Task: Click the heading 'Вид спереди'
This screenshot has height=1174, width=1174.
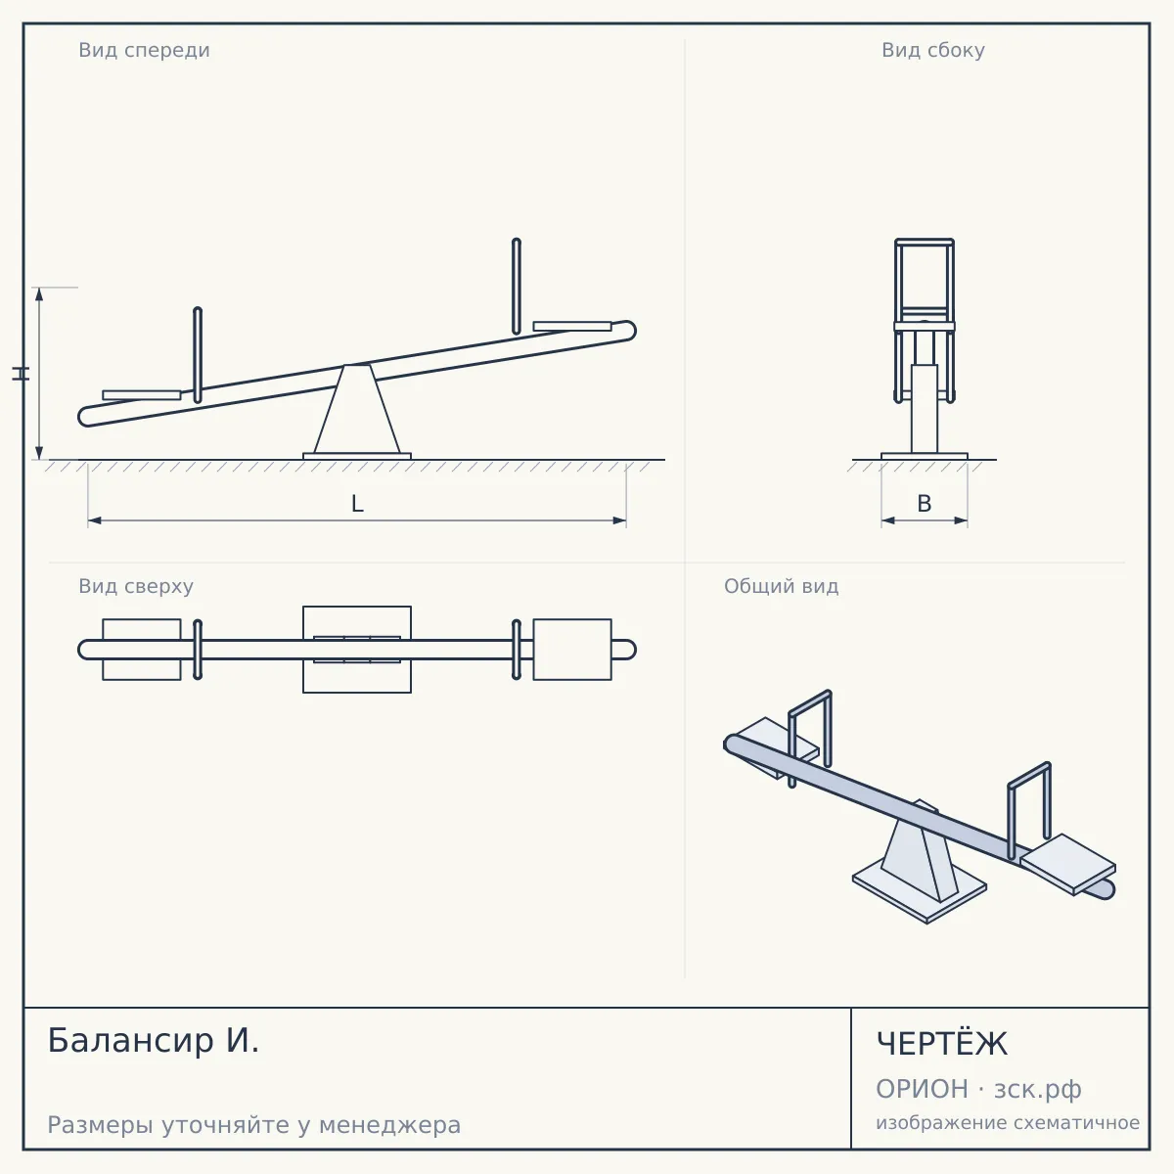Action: [x=144, y=50]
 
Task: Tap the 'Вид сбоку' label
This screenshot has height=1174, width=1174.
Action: [x=932, y=50]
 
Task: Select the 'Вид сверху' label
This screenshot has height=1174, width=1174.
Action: [x=136, y=586]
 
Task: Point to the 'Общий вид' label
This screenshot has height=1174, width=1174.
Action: [x=781, y=586]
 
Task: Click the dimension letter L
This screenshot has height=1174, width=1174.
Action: [x=358, y=504]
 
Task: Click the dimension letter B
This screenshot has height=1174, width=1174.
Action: [x=925, y=504]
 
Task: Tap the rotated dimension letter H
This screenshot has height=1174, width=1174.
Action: [x=22, y=374]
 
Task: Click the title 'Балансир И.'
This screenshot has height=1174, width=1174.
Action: [x=154, y=1040]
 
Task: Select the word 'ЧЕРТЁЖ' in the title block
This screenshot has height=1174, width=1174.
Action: [x=942, y=1044]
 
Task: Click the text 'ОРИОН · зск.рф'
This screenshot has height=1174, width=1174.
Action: [x=978, y=1089]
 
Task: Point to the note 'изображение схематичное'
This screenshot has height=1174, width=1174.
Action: [x=1008, y=1122]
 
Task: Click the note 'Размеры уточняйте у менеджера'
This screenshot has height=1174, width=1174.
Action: [x=254, y=1125]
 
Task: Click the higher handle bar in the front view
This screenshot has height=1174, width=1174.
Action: [x=516, y=287]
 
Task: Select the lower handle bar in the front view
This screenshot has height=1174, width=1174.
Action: [x=198, y=355]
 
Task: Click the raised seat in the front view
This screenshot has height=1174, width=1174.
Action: [x=572, y=327]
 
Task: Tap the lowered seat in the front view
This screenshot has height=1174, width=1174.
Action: [x=141, y=395]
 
